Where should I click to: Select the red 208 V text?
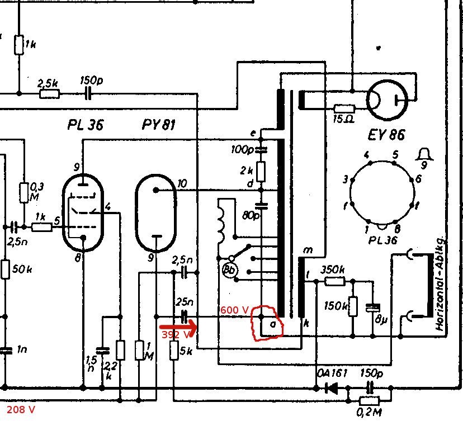[x=21, y=410]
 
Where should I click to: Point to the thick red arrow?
[x=177, y=325]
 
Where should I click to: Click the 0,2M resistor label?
[x=368, y=413]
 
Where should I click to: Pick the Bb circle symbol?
[x=229, y=269]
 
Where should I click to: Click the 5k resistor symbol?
[x=174, y=351]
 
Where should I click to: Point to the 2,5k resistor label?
[x=48, y=83]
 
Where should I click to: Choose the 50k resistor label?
[x=21, y=269]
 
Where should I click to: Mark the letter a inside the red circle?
[x=273, y=324]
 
